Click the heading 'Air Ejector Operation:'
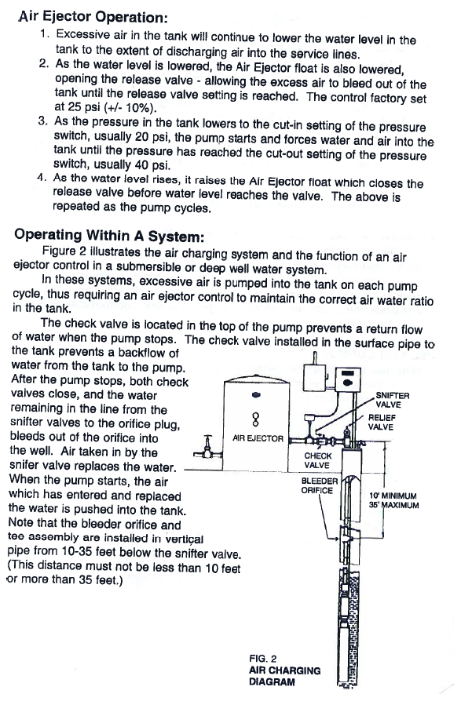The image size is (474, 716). (93, 17)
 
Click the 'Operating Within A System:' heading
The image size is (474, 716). (109, 235)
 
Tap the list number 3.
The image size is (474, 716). (43, 121)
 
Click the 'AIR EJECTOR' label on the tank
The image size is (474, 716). (257, 438)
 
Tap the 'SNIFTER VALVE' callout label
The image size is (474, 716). (392, 400)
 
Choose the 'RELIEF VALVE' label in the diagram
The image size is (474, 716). (381, 422)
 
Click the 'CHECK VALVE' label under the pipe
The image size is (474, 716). (318, 461)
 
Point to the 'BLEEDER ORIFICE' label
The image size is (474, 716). (319, 486)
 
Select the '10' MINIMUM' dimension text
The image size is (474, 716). (392, 496)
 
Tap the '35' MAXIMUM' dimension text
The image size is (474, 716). (394, 505)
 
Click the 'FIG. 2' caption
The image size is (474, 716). (262, 659)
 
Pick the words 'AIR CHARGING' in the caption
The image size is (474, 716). (284, 670)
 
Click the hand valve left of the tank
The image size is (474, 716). (207, 447)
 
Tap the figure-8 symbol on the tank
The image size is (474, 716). (256, 418)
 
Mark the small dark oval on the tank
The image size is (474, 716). (256, 396)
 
